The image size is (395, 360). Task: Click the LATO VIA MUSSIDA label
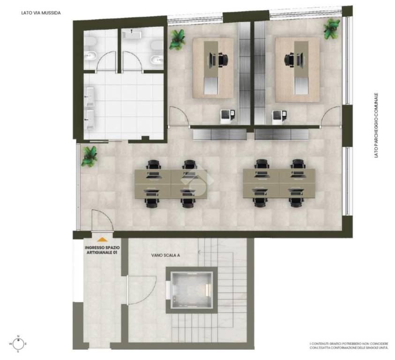tap(41, 13)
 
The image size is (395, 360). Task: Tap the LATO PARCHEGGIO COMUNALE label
tap(376, 125)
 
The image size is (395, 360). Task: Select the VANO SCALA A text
tap(165, 255)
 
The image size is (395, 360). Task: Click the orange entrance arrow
tap(102, 239)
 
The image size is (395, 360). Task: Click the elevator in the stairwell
tap(192, 290)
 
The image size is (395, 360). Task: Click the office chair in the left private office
tap(224, 60)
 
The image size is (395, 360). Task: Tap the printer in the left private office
tap(227, 116)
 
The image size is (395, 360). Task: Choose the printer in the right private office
tap(279, 117)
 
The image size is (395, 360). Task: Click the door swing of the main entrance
tap(102, 220)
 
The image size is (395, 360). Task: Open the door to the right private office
tap(331, 116)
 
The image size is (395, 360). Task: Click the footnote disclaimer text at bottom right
tap(349, 345)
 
